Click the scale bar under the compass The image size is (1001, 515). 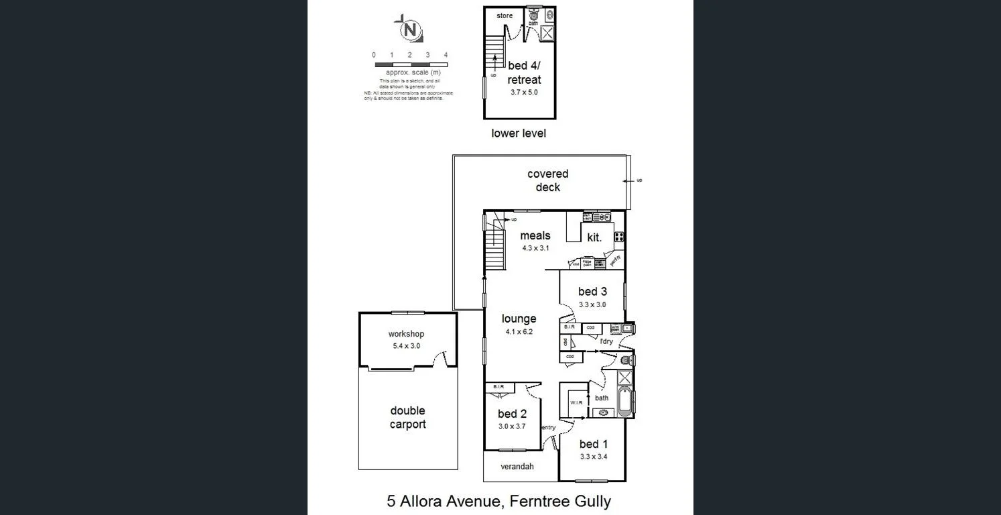409,64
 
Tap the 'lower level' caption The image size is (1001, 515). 519,133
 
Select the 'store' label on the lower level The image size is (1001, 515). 505,15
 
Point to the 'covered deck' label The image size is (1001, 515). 547,180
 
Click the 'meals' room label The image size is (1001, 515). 535,235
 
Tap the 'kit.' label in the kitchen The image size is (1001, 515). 594,237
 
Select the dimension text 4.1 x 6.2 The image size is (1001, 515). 519,331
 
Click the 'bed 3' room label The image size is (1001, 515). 592,291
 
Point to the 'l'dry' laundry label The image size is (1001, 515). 606,341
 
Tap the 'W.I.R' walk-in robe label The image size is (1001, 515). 576,403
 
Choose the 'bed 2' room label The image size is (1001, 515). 512,414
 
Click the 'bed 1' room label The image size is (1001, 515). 593,444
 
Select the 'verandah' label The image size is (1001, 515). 517,466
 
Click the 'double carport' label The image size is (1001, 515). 407,417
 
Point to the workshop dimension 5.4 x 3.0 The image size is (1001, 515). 406,346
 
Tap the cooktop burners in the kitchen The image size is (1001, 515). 618,236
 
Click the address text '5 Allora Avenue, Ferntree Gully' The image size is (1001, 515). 499,500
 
